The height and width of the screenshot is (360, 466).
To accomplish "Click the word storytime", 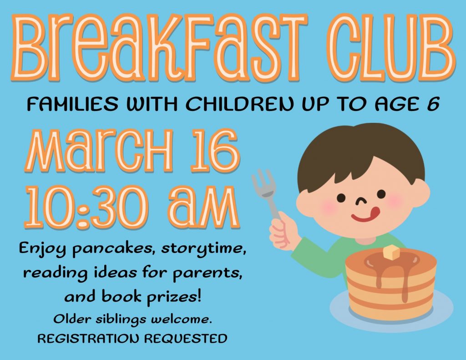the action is click(203, 248).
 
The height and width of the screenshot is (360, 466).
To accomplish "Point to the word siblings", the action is click(121, 320).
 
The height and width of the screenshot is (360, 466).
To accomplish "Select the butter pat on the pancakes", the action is click(391, 253).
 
